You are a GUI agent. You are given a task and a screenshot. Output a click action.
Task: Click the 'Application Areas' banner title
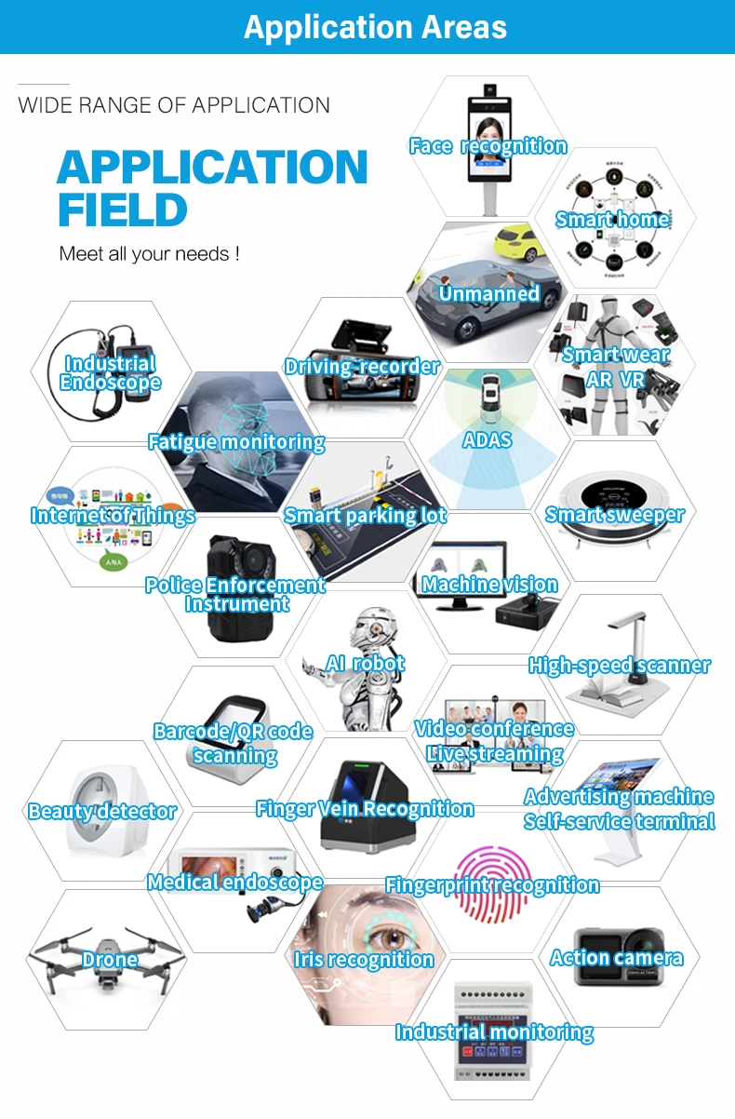pos(375,27)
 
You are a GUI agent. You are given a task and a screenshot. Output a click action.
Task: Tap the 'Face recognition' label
pos(488,145)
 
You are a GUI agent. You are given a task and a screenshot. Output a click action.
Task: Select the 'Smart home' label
pos(612,220)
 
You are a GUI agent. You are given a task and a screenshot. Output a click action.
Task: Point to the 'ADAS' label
pos(488,438)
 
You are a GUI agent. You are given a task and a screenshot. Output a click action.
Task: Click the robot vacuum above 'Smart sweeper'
pos(615,489)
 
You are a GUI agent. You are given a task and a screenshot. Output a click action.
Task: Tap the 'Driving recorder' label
pos(361,367)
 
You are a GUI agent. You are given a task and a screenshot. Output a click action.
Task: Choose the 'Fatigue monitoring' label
pos(236,442)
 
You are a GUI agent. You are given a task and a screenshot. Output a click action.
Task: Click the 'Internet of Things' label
pos(113,516)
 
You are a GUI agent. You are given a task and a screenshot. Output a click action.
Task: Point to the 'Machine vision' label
pos(489,585)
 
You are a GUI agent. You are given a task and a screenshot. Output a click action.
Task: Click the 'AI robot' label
pos(365,664)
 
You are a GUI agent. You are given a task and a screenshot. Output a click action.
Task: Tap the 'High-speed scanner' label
pos(619,666)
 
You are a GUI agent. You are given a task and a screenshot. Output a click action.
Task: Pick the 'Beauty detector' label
pos(102,812)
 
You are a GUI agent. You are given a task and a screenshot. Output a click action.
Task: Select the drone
pos(108,953)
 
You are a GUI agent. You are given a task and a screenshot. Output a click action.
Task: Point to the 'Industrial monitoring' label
pos(494,1031)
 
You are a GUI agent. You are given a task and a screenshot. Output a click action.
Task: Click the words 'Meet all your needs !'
pos(149,253)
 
